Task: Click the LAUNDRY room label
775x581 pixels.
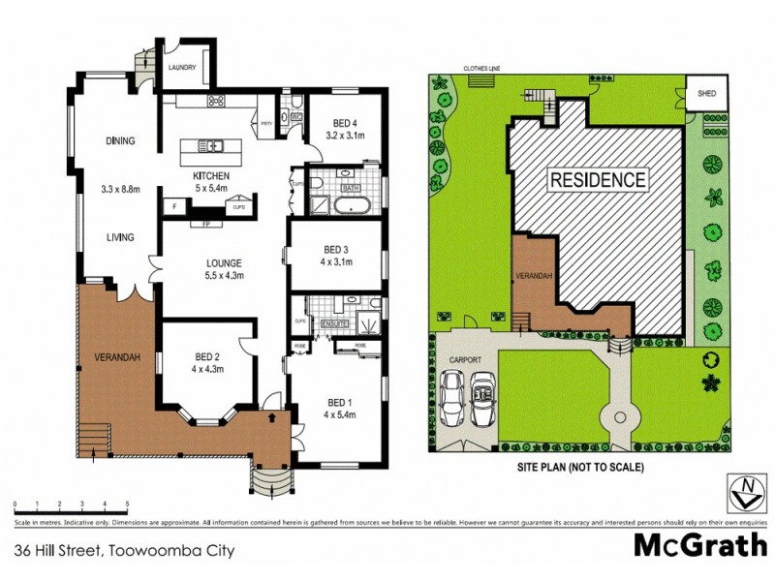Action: [182, 68]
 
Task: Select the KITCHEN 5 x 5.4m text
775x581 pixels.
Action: [209, 180]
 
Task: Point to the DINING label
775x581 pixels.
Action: [120, 141]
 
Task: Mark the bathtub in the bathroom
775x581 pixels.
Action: [347, 205]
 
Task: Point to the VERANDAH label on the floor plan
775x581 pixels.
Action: [116, 358]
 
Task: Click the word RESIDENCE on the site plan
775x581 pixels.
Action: [598, 179]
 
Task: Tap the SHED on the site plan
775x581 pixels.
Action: [706, 94]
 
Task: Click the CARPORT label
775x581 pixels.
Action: [465, 359]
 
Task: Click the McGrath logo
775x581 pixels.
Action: [699, 545]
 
